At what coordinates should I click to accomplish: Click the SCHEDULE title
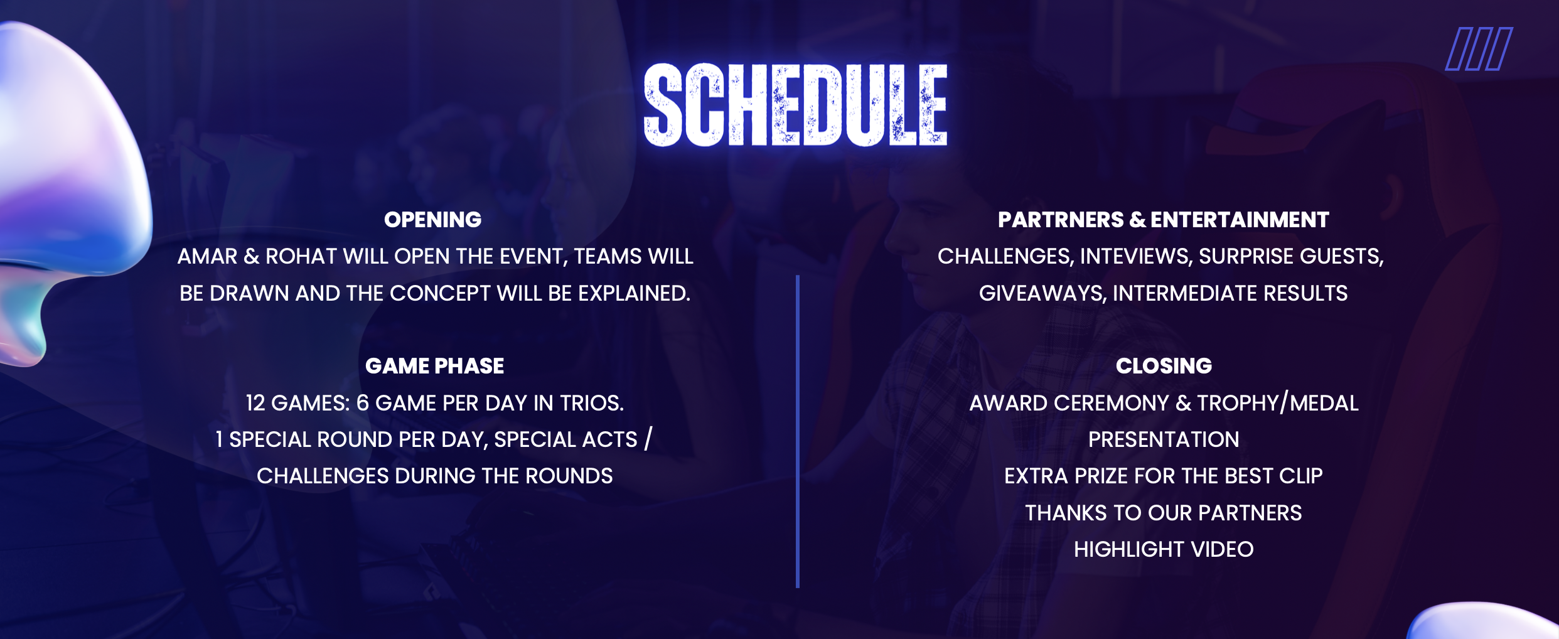[796, 105]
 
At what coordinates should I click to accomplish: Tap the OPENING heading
[433, 220]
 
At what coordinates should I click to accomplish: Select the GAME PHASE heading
[434, 366]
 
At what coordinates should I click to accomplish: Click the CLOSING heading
[1164, 366]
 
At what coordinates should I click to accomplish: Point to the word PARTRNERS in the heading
[1061, 220]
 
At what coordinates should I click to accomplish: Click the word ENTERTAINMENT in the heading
[1240, 220]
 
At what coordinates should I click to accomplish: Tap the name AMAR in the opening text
[207, 256]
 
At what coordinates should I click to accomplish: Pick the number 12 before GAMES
[255, 403]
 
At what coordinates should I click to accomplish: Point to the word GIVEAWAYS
[1042, 293]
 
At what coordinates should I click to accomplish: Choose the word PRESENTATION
[1164, 439]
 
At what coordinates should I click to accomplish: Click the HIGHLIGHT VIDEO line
[1164, 549]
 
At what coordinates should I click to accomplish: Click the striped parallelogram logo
[1479, 49]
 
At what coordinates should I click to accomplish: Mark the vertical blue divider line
[798, 431]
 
